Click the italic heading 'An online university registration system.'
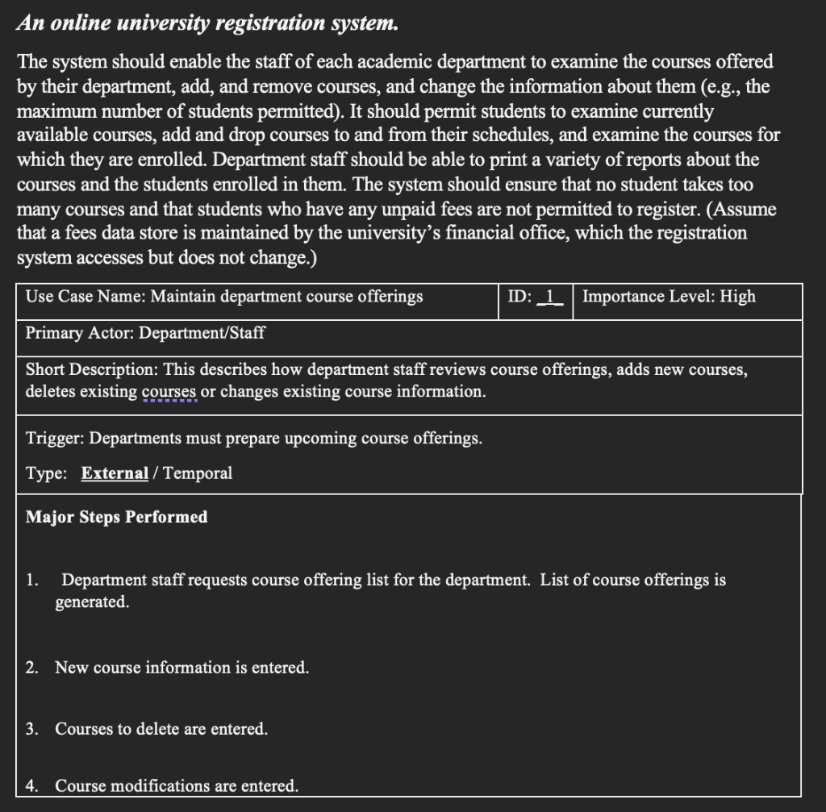207,23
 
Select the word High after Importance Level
737,297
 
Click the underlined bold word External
115,473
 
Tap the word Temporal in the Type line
198,473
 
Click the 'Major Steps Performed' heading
116,517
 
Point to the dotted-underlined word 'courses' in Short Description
169,392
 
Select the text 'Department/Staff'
202,333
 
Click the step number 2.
31,668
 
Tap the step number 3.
31,729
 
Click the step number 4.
31,785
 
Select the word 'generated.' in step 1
91,602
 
